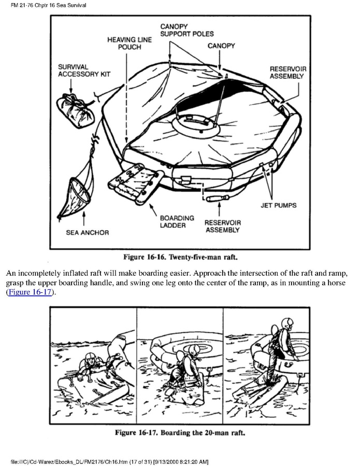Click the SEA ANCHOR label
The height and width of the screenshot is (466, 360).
pyautogui.click(x=87, y=232)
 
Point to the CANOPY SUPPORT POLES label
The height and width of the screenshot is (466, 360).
pyautogui.click(x=186, y=30)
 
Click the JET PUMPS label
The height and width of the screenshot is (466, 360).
pyautogui.click(x=278, y=205)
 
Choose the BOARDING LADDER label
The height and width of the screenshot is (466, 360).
pyautogui.click(x=177, y=222)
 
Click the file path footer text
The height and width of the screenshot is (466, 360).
pyautogui.click(x=113, y=461)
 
